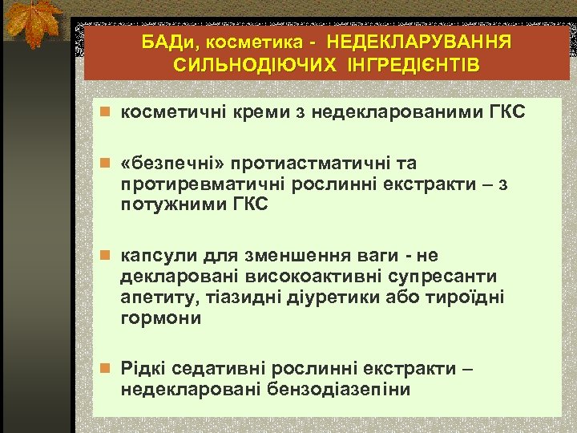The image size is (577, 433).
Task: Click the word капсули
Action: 151,256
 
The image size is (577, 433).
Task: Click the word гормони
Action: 159,318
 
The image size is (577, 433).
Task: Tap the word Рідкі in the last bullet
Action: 141,369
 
